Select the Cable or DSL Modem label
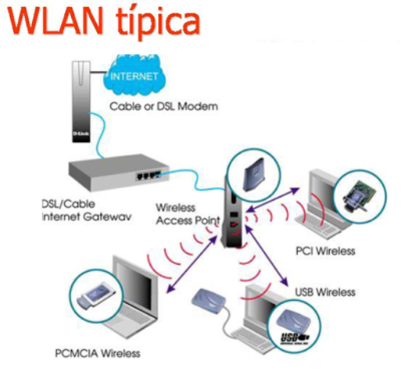[x=173, y=105]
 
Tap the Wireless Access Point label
[x=185, y=213]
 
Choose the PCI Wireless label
[x=325, y=251]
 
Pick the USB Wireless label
[x=325, y=292]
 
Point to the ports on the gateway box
[x=149, y=175]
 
